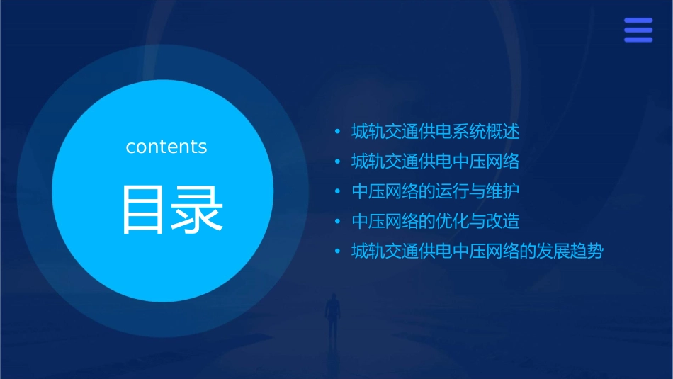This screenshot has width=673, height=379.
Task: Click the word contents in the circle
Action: pos(166,147)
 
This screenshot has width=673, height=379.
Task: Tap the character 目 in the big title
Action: pos(145,210)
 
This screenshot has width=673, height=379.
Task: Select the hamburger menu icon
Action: pos(638,30)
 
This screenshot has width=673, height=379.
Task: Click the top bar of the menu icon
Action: pos(638,21)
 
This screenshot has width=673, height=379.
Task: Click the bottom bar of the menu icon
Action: pos(638,40)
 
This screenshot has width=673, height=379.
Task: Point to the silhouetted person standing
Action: pos(332,315)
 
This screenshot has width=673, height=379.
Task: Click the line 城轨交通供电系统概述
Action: pos(436,132)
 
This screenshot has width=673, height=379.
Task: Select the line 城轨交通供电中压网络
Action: pos(436,162)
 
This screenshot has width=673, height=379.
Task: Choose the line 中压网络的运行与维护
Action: pos(436,191)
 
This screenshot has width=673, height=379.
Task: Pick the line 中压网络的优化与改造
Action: pos(436,221)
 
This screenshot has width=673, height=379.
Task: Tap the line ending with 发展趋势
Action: pos(477,251)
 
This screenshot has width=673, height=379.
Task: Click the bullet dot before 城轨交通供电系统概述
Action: pos(338,132)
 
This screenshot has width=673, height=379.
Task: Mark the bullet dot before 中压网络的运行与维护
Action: pos(338,191)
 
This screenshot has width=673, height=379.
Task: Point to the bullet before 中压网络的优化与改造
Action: pos(338,221)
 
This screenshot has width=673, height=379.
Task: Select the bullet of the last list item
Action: pos(338,251)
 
